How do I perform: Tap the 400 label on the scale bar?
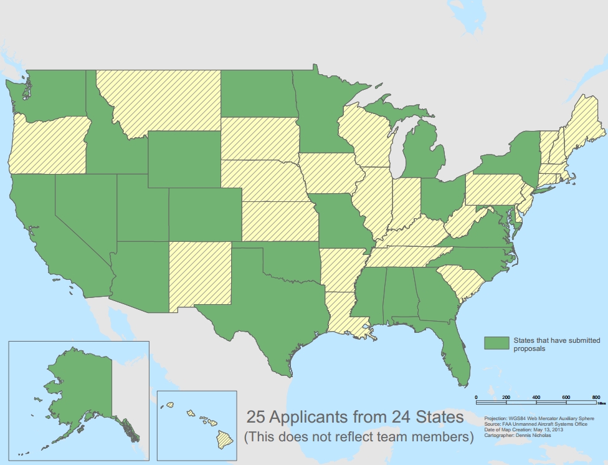(536, 397)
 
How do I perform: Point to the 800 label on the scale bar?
(596, 397)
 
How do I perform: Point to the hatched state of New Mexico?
(199, 274)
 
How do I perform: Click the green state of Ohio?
(443, 196)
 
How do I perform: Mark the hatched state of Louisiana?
(344, 312)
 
